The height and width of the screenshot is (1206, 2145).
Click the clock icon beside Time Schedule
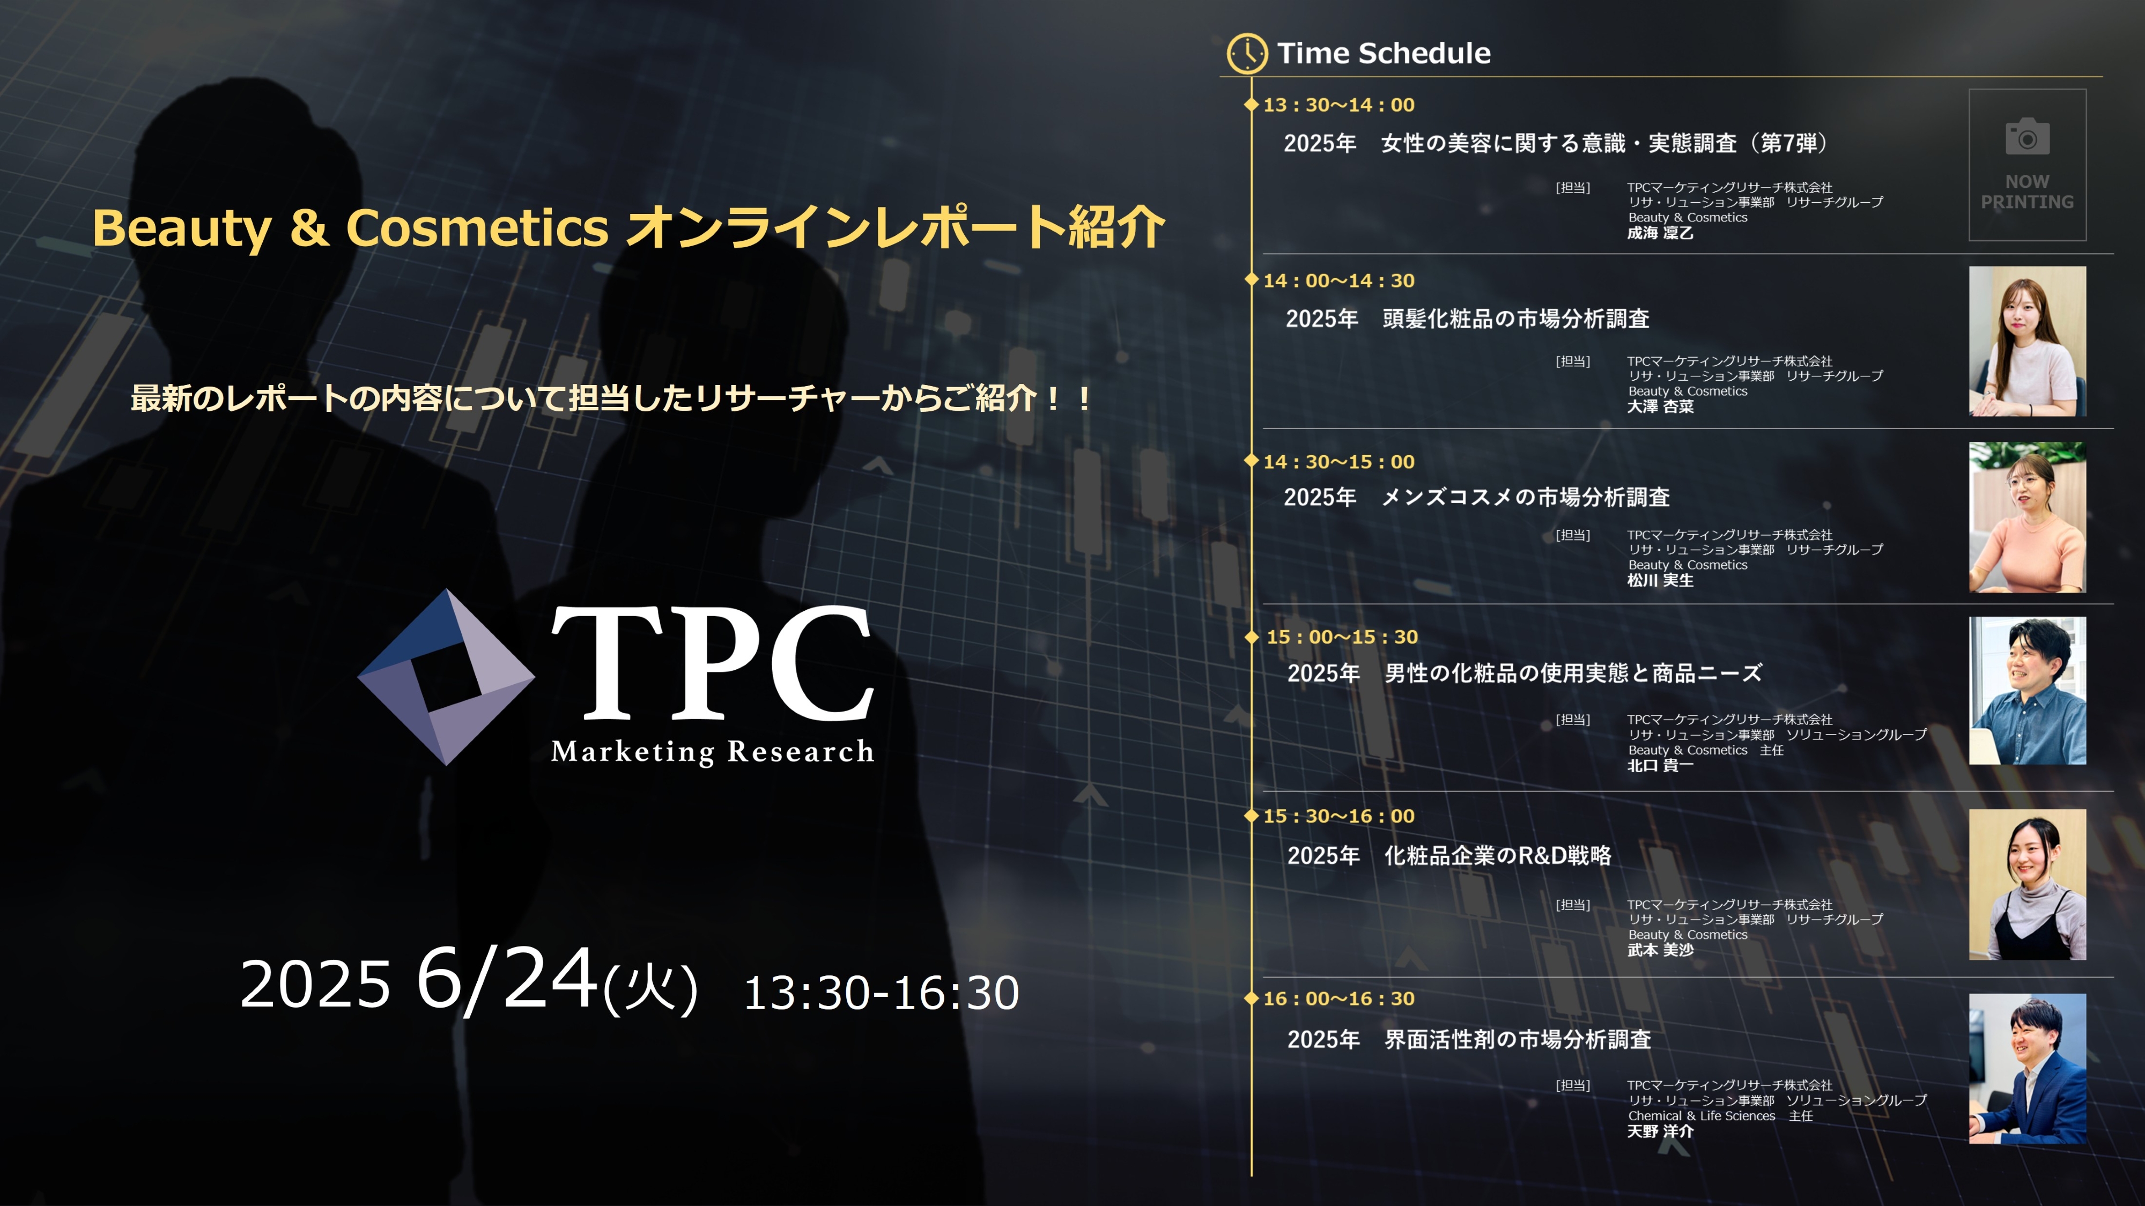(x=1247, y=53)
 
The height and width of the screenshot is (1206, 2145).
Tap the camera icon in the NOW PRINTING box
(x=2027, y=137)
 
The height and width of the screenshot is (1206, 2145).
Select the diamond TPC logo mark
(x=446, y=677)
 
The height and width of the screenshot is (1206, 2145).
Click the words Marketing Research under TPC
(x=713, y=752)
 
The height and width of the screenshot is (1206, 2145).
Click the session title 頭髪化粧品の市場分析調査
(x=1515, y=319)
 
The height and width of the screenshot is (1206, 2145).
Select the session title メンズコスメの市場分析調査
(x=1526, y=497)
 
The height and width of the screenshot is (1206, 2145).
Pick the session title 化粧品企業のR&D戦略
(x=1497, y=855)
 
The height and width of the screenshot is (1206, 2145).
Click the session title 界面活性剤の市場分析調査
(x=1517, y=1039)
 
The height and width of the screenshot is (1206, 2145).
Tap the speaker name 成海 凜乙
(x=1660, y=233)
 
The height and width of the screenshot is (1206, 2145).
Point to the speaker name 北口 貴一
(x=1660, y=765)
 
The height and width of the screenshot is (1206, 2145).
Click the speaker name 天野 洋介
(x=1660, y=1131)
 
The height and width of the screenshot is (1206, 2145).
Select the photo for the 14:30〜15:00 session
(x=2027, y=517)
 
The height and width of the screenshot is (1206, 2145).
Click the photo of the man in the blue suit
(x=2027, y=1069)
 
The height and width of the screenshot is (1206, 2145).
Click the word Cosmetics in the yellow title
(x=477, y=227)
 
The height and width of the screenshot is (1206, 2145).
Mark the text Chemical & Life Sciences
(x=1701, y=1116)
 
